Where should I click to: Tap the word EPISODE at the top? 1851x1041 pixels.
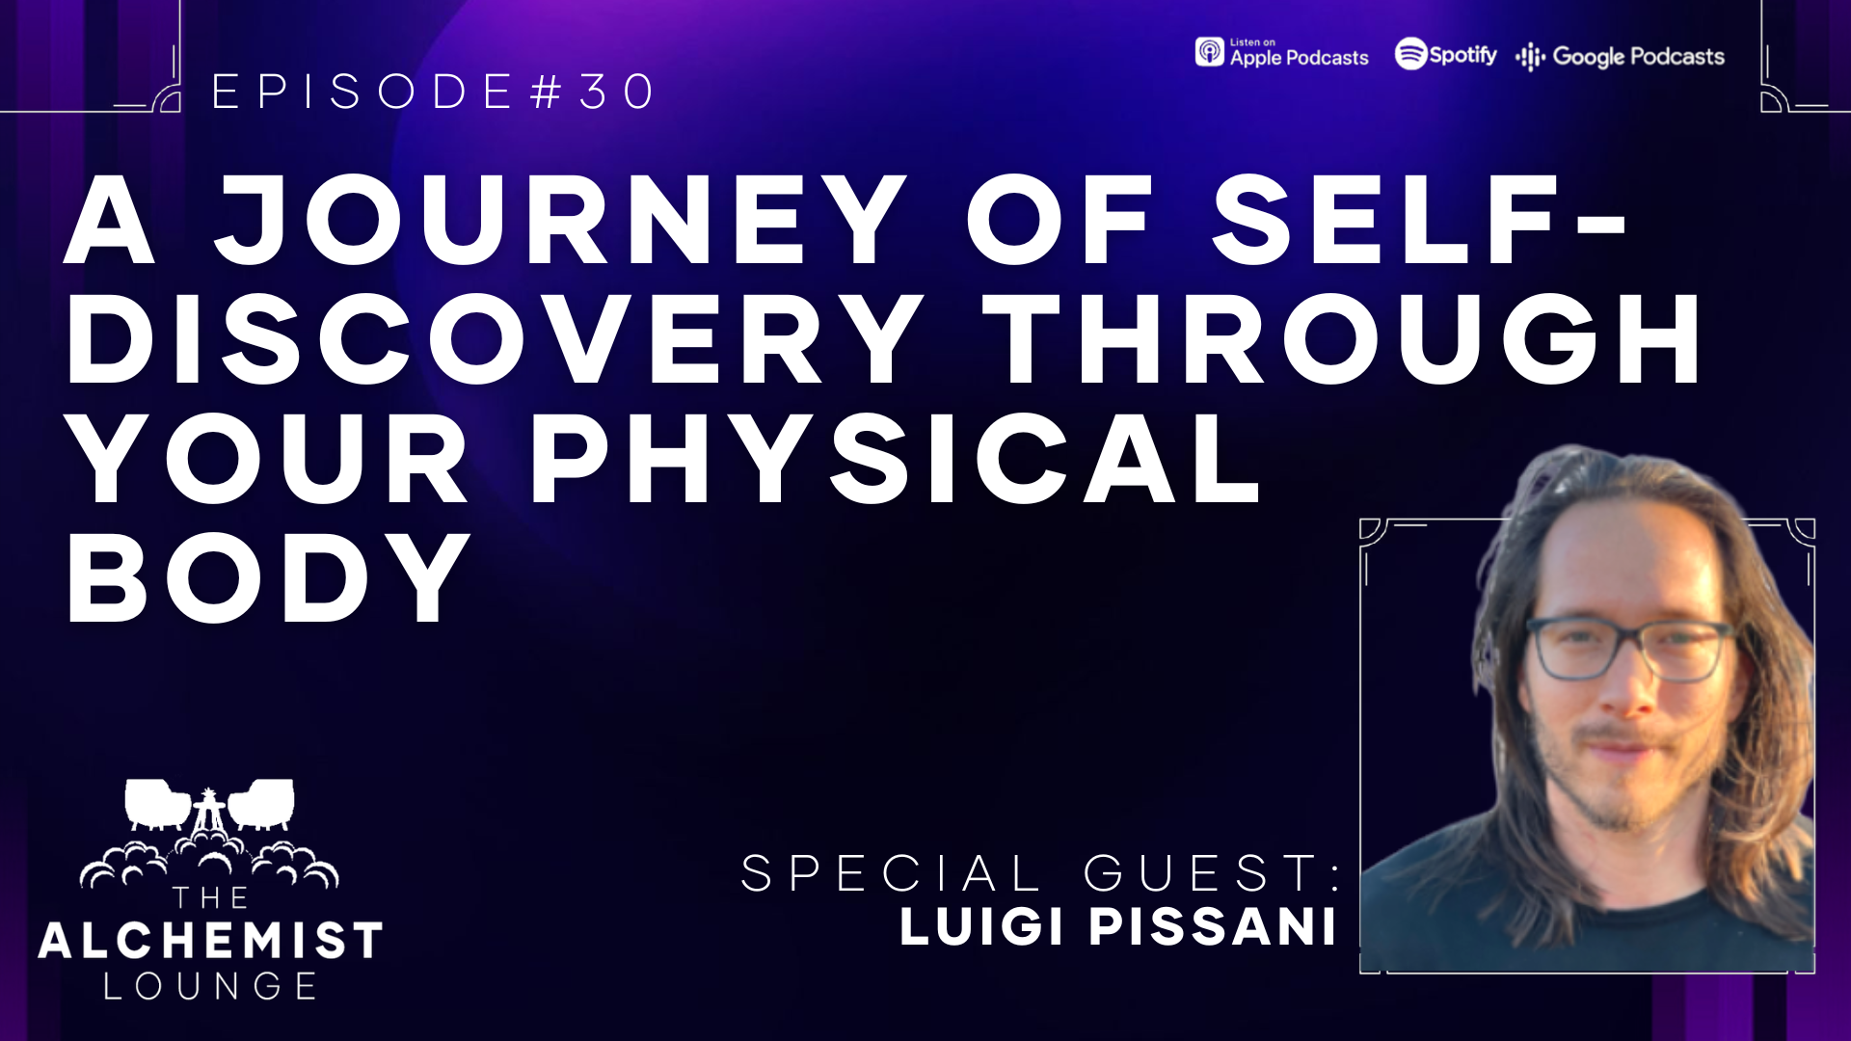[362, 92]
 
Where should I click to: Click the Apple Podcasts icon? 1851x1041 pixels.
[1209, 52]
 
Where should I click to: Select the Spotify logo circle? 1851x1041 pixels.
[1410, 54]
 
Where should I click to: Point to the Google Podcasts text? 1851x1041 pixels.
[1638, 57]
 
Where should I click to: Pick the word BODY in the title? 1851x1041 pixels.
[268, 577]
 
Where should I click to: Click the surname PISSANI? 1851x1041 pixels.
[1213, 926]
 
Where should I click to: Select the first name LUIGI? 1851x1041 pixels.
[981, 926]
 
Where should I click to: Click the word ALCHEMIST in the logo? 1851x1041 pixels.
[210, 941]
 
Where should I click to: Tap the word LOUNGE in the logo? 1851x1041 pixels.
[210, 986]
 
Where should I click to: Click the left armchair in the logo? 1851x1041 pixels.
[157, 804]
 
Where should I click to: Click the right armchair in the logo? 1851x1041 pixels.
[260, 804]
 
